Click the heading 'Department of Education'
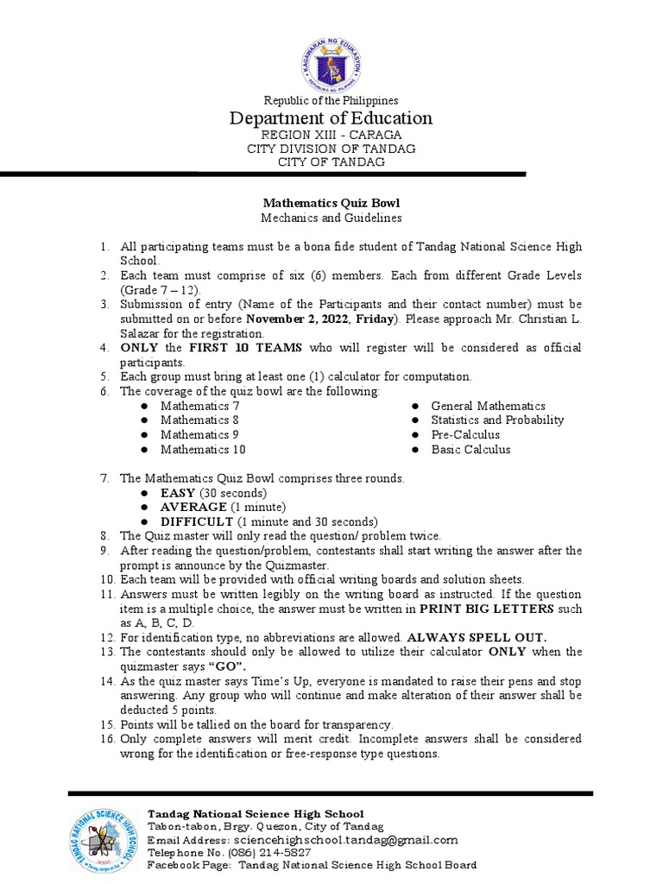click(x=331, y=118)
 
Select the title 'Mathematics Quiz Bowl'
click(x=331, y=203)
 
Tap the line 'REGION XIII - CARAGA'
click(x=331, y=136)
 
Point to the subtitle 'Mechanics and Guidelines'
click(x=331, y=218)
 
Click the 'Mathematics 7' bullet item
click(x=200, y=406)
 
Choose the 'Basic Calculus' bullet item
click(x=470, y=449)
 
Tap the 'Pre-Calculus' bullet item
click(x=466, y=434)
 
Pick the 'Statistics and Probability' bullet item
click(x=497, y=420)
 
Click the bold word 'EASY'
click(x=178, y=492)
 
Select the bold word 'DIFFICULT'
click(x=197, y=521)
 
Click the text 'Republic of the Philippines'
click(x=331, y=100)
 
